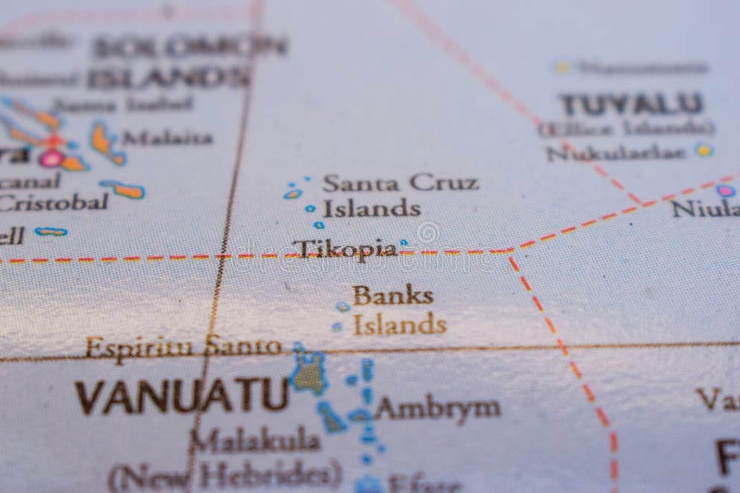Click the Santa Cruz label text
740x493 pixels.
click(400, 183)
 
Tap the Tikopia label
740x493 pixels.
click(343, 249)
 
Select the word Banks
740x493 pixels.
click(392, 295)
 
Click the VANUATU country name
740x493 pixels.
click(181, 396)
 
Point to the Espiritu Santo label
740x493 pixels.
click(183, 347)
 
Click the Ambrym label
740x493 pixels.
click(437, 408)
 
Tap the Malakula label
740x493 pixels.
click(254, 440)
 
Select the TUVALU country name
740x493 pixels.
click(631, 104)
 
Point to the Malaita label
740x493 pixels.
click(168, 138)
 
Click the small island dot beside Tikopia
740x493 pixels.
click(404, 242)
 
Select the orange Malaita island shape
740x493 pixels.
click(105, 142)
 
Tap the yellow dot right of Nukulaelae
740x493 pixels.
click(703, 150)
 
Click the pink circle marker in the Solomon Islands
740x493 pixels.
click(51, 157)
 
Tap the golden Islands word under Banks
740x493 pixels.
click(399, 325)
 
